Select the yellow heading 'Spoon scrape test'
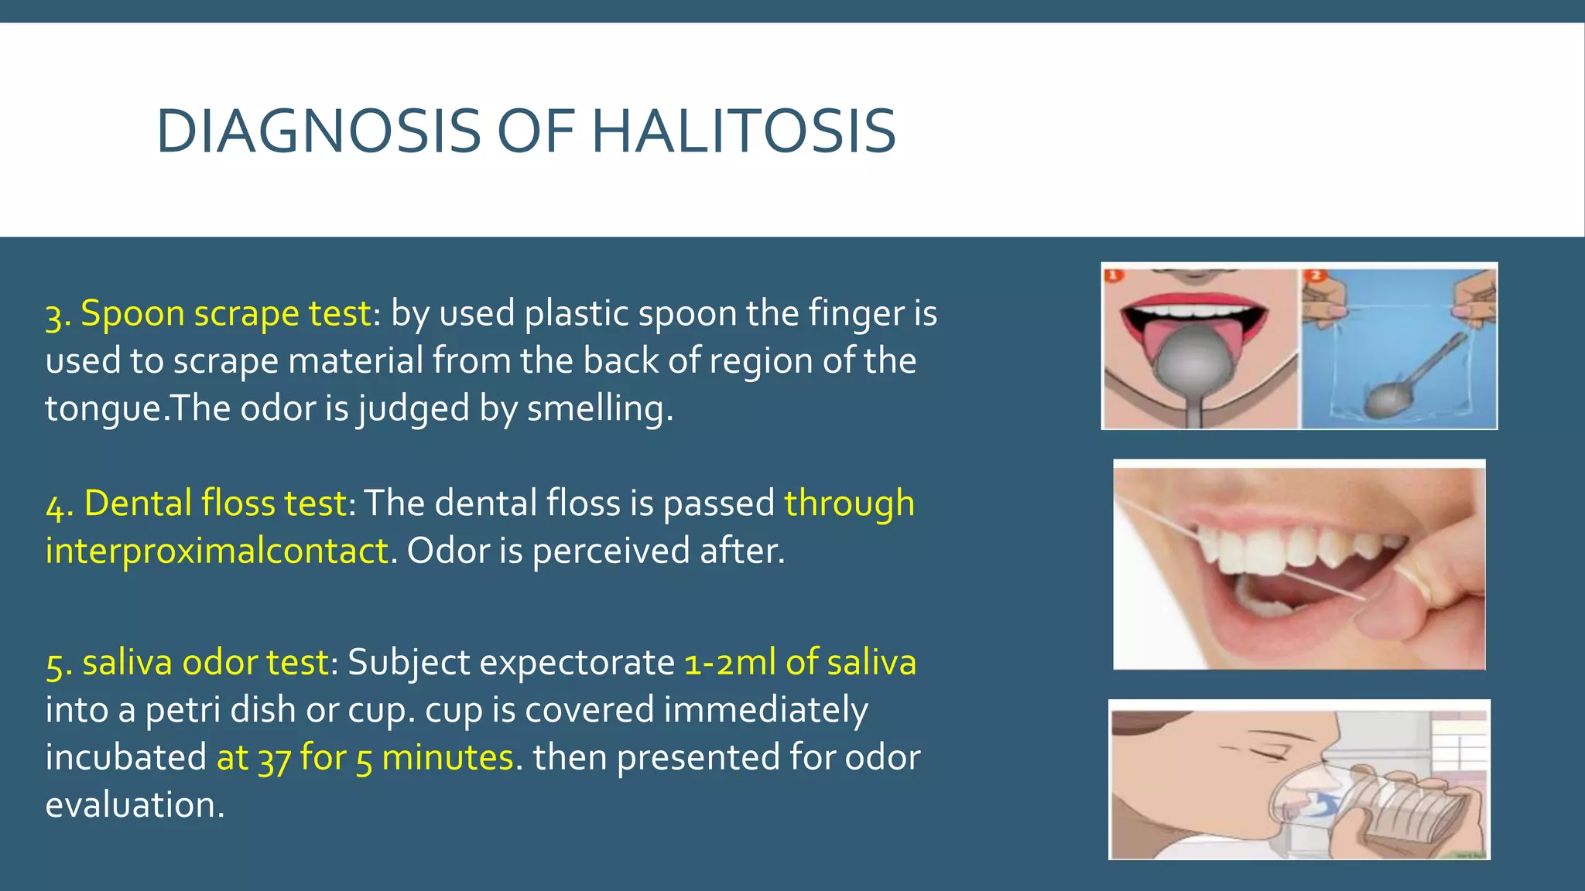coord(225,314)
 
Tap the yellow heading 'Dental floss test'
coord(214,504)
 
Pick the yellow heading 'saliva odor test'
coord(205,663)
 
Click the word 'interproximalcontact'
coord(217,551)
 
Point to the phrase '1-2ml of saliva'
coord(800,663)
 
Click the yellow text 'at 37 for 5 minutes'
coord(365,758)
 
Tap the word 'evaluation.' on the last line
coord(135,805)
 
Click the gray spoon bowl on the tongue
coord(1193,359)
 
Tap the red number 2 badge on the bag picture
coord(1314,275)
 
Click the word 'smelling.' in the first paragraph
coord(600,409)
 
